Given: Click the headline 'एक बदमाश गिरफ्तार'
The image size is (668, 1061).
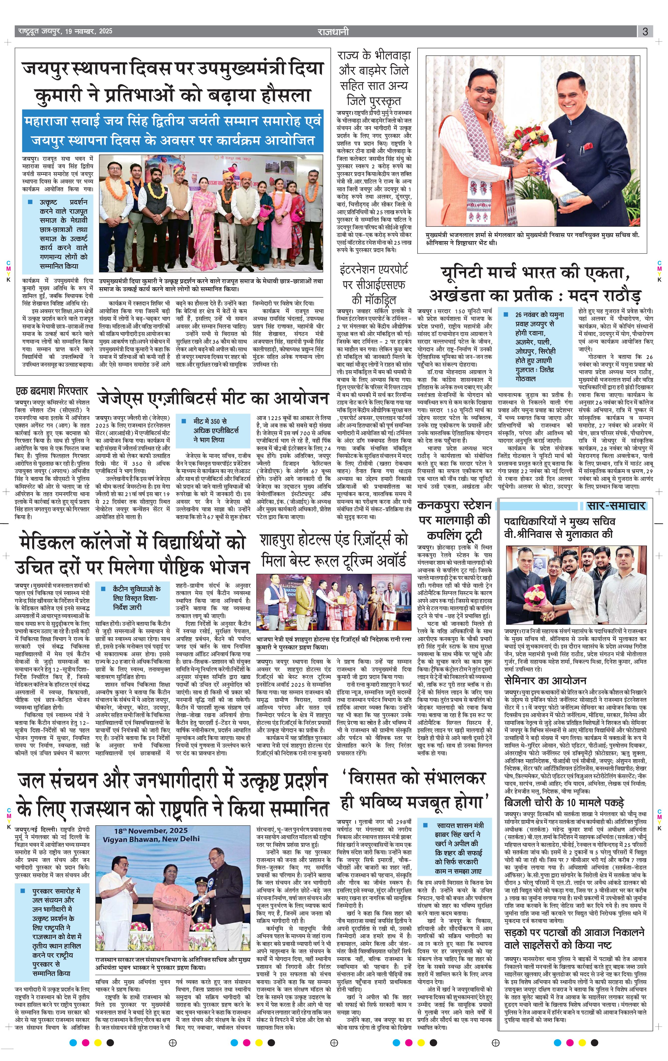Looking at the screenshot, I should click(x=52, y=391).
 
